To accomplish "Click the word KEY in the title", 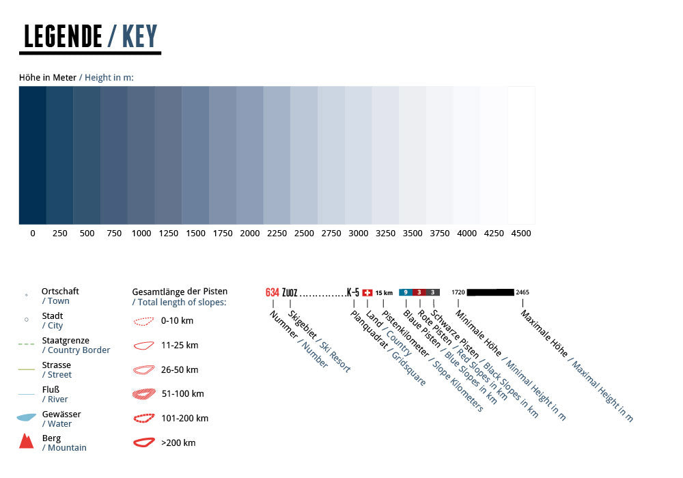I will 140,36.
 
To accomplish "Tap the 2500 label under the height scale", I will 304,234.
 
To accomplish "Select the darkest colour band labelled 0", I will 32,155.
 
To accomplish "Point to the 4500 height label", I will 521,234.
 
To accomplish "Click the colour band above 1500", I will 195,155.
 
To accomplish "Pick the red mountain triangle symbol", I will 27,441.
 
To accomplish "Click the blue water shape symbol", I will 26,417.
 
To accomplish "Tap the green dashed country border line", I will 26,344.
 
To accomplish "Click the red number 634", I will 273,292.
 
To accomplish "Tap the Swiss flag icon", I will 367,292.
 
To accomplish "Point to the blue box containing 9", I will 406,292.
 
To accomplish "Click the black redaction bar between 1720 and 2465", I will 490,292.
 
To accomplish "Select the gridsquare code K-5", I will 353,292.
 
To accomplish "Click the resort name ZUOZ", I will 290,292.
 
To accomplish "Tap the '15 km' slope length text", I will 384,292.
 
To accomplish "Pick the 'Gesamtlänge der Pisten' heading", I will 180,292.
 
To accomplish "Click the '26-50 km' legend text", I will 180,369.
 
